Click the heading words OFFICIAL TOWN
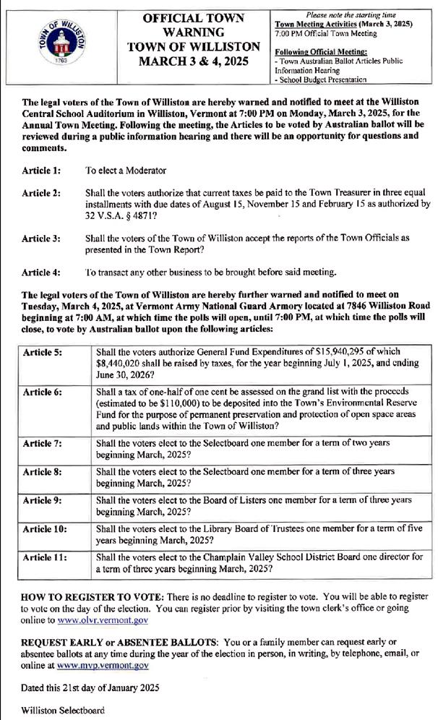pyautogui.click(x=193, y=17)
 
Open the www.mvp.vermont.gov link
pyautogui.click(x=103, y=664)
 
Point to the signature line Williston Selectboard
pyautogui.click(x=63, y=710)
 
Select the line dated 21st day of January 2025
pyautogui.click(x=90, y=687)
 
